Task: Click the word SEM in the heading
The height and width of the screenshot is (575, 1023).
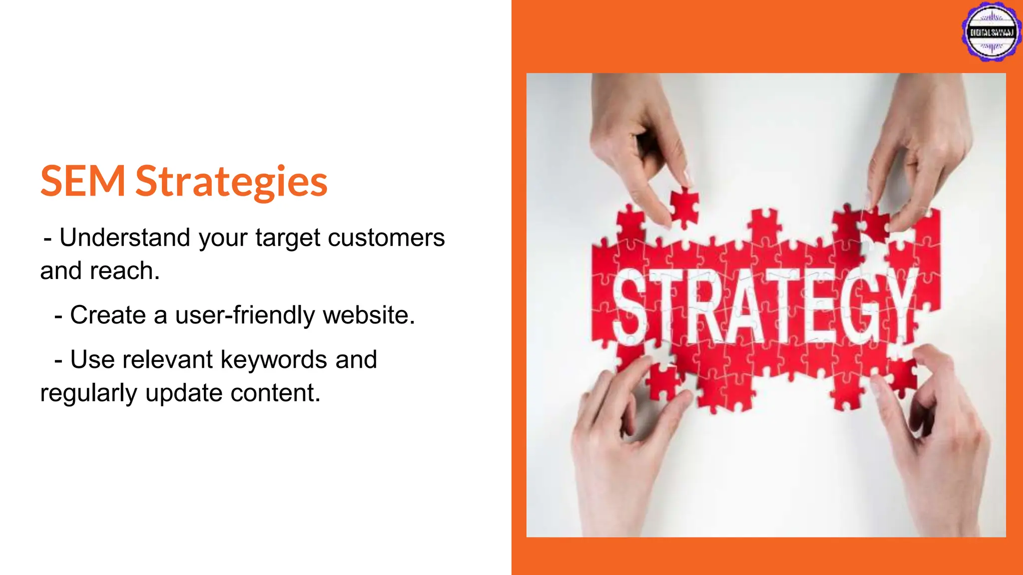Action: click(x=82, y=181)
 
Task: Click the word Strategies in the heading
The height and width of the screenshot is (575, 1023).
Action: click(x=231, y=182)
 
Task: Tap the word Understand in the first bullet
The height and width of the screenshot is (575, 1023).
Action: click(x=125, y=238)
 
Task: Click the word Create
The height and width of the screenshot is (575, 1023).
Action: click(x=108, y=315)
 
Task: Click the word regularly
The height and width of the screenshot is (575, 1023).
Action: click(x=88, y=393)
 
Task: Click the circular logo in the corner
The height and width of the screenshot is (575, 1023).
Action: click(x=992, y=32)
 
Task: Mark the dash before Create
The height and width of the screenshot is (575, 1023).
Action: click(x=58, y=316)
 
